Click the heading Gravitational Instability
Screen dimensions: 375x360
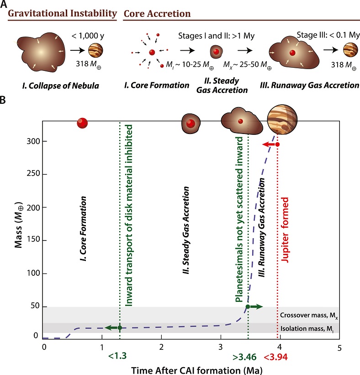pyautogui.click(x=61, y=14)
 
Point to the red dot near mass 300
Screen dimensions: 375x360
pyautogui.click(x=277, y=145)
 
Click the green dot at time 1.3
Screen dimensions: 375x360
pyautogui.click(x=120, y=327)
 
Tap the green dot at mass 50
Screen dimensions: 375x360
pyautogui.click(x=248, y=306)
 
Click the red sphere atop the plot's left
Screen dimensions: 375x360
pyautogui.click(x=82, y=123)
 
